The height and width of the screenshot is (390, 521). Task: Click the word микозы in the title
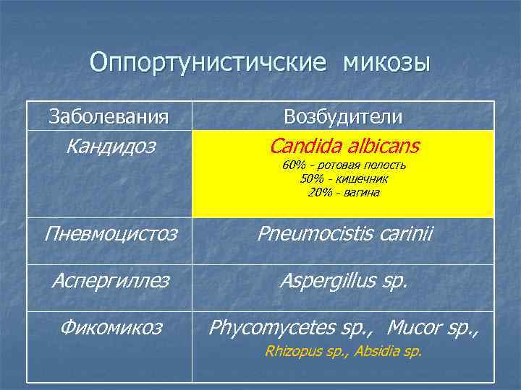386,63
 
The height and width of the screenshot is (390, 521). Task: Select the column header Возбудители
344,116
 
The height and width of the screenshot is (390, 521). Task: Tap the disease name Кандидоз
110,147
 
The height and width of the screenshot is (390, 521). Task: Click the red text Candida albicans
344,147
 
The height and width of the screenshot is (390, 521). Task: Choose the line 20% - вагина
344,192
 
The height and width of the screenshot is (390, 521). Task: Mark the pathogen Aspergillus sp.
344,280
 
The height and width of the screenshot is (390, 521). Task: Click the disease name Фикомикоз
110,327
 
